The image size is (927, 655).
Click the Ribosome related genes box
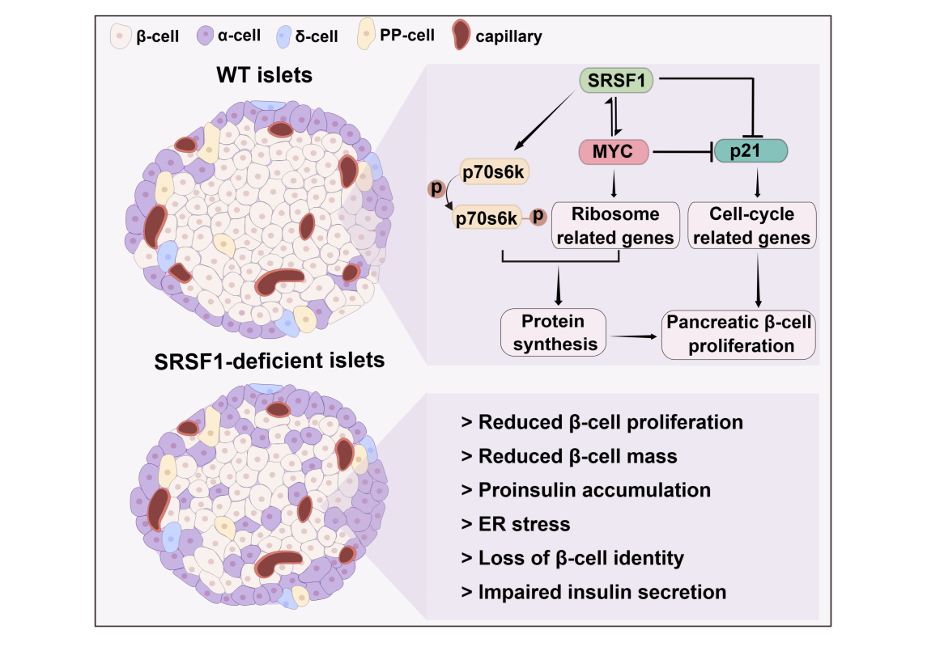[x=615, y=226]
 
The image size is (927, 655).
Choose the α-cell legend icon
[x=205, y=36]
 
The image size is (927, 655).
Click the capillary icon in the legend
[x=461, y=36]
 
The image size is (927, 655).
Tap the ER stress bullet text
[x=515, y=524]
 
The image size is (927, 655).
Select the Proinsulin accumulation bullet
[x=585, y=490]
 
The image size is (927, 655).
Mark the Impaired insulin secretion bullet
[x=593, y=592]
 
